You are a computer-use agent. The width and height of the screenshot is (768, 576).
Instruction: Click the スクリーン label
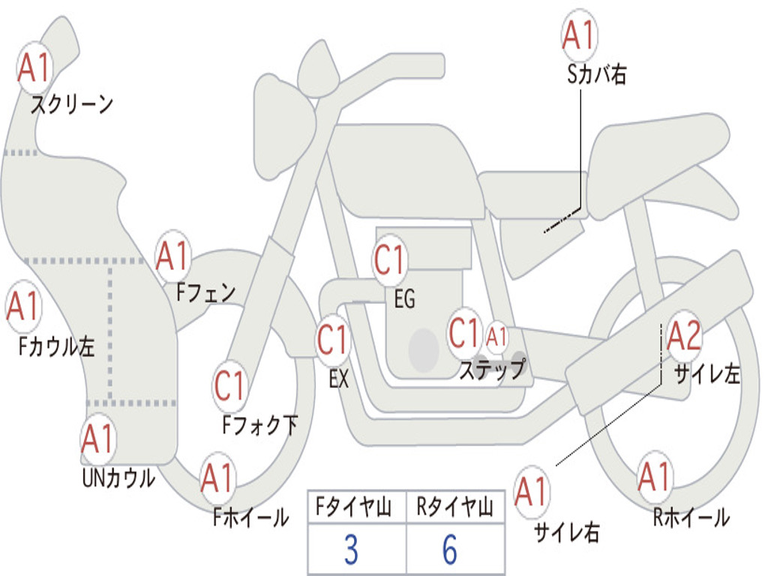click(x=71, y=104)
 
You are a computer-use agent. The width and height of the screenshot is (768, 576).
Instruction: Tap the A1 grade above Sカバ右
click(x=578, y=35)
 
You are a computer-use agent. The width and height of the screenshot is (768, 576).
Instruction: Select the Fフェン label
click(x=205, y=292)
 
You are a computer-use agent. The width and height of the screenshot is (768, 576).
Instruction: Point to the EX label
click(x=339, y=379)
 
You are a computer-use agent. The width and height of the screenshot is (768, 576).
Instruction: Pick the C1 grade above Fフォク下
click(x=229, y=387)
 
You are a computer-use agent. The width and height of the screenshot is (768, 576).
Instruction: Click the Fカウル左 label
click(x=57, y=346)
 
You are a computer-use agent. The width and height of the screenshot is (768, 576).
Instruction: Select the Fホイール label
click(x=250, y=517)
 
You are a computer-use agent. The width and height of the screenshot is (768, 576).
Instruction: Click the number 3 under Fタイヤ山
click(x=351, y=550)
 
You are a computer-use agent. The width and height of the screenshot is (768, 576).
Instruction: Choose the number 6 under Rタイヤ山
click(x=450, y=550)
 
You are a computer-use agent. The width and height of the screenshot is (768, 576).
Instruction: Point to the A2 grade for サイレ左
click(x=684, y=337)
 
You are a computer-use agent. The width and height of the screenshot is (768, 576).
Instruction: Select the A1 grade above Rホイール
click(x=654, y=477)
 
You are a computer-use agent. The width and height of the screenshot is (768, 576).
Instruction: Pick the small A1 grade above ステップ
click(x=497, y=337)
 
